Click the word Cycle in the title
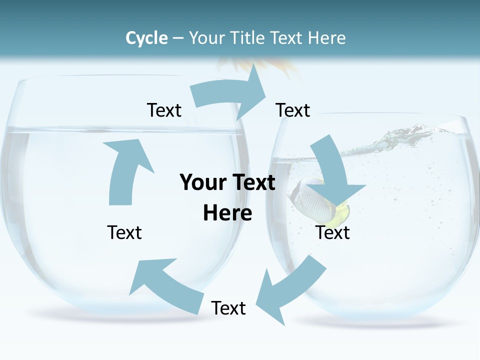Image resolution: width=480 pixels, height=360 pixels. (146, 38)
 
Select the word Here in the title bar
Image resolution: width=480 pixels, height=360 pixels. (327, 38)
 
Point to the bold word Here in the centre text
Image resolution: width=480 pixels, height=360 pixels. (227, 213)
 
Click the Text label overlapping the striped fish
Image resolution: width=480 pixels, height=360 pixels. (332, 232)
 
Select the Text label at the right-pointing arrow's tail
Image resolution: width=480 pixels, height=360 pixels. (164, 110)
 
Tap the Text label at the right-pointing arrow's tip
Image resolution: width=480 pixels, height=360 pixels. (293, 110)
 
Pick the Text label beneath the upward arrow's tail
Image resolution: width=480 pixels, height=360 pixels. (124, 232)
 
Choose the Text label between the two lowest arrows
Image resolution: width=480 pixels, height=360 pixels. (228, 308)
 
